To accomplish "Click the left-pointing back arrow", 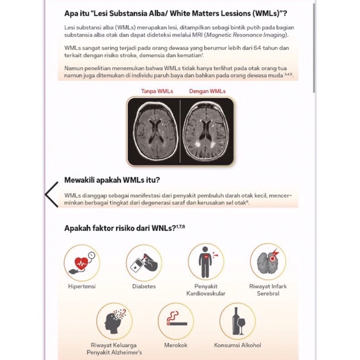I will (52, 194).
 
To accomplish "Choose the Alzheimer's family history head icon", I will (114, 321).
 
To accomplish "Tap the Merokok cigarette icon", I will (176, 321).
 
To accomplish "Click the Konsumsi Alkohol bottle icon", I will (237, 321).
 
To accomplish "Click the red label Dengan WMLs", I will (207, 91).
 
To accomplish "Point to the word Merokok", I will (176, 346).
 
